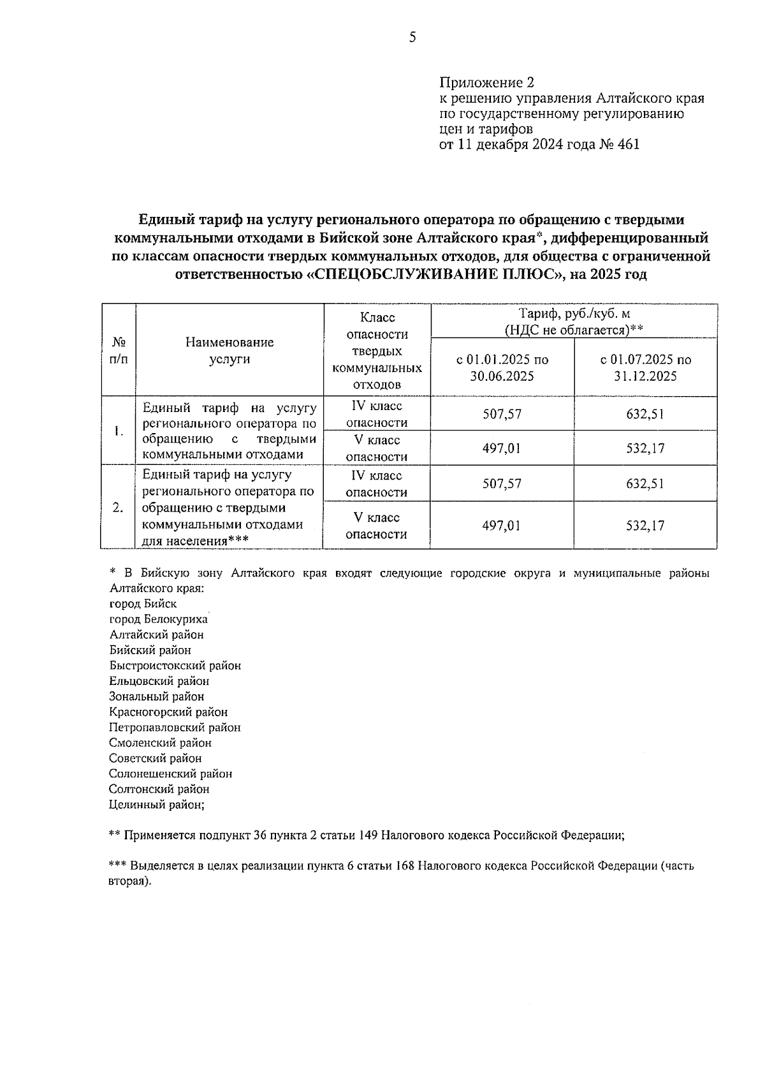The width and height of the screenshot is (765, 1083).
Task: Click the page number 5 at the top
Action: pos(412,38)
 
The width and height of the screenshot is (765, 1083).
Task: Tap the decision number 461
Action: pos(628,144)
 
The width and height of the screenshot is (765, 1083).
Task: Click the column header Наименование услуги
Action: pos(229,350)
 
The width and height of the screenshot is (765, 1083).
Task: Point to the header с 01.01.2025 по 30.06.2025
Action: pos(502,367)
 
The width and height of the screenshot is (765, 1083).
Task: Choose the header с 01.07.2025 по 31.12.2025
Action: pos(645,367)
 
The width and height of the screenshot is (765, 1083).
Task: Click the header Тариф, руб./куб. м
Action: pos(574,314)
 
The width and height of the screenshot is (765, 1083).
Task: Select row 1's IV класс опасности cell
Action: pos(377,414)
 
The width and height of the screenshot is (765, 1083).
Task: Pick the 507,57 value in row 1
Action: pos(502,414)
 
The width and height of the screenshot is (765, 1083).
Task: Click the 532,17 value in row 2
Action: pos(645,526)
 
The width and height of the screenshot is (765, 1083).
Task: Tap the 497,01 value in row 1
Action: pos(502,448)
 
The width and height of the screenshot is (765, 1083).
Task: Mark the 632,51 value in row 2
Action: pos(645,483)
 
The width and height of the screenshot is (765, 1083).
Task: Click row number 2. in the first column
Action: pos(118,508)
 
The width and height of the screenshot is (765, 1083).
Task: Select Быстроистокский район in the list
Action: pos(175,665)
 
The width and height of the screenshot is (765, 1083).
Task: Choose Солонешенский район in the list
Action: pos(171,774)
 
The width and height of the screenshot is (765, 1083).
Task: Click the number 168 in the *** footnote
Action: pos(405,866)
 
